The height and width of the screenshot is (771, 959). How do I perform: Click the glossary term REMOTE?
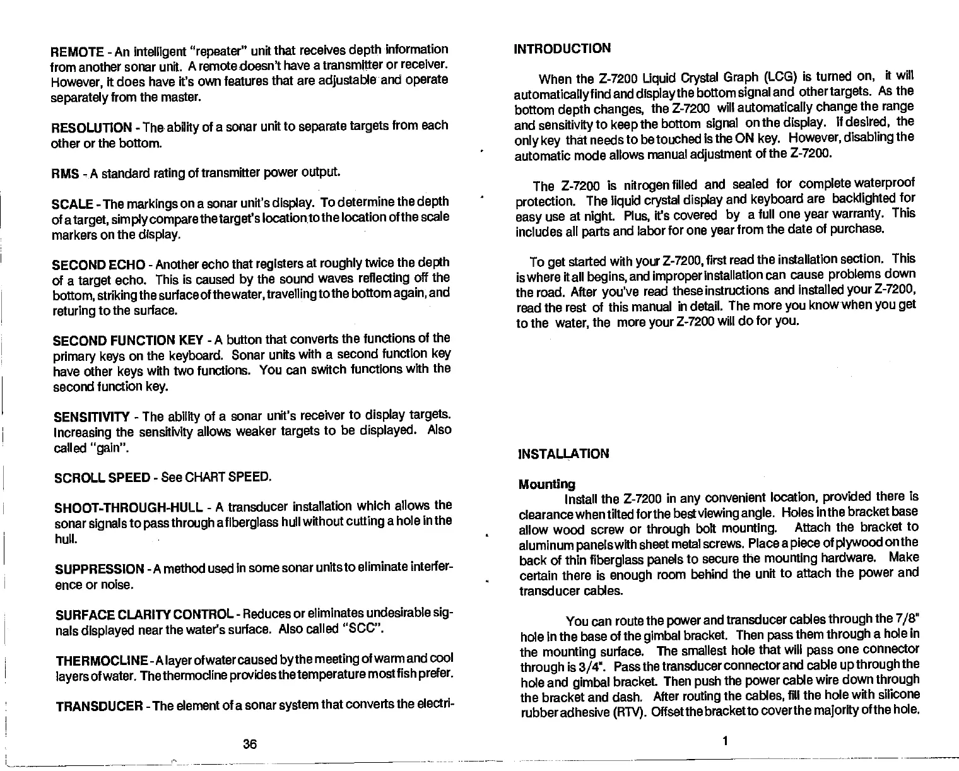pyautogui.click(x=77, y=51)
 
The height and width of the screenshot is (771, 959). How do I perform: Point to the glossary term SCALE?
pyautogui.click(x=73, y=204)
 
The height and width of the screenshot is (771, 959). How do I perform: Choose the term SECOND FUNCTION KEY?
pyautogui.click(x=127, y=341)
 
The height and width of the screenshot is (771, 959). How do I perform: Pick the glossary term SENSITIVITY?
pyautogui.click(x=91, y=417)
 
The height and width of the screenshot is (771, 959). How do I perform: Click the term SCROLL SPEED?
pyautogui.click(x=100, y=478)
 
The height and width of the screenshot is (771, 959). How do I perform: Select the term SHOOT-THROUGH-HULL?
pyautogui.click(x=127, y=508)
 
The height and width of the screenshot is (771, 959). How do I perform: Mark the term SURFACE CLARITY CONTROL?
pyautogui.click(x=141, y=615)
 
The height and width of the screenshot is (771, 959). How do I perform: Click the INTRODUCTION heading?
pyautogui.click(x=563, y=49)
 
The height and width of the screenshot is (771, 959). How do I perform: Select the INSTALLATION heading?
pyautogui.click(x=563, y=454)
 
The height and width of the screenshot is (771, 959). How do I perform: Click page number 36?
pyautogui.click(x=250, y=744)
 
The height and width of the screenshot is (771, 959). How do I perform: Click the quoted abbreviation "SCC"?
pyautogui.click(x=363, y=630)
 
